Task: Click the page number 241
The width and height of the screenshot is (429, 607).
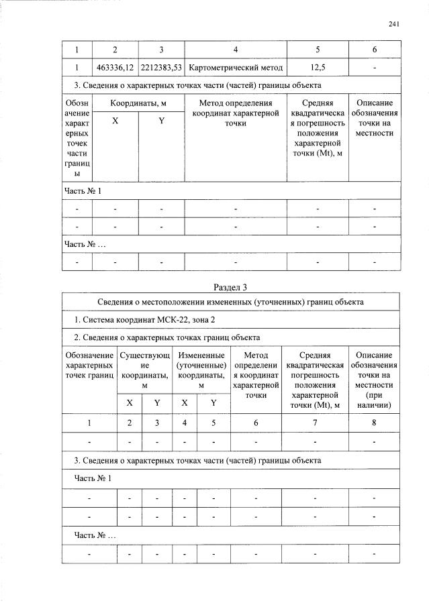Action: coord(394,25)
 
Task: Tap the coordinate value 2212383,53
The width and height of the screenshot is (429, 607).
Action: coord(161,68)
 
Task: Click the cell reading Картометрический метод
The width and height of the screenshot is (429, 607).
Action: coord(235,68)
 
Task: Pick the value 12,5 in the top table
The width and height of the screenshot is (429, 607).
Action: coord(318,68)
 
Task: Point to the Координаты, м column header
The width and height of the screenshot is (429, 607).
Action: coord(138,103)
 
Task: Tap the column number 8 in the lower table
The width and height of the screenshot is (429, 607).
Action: coord(374,423)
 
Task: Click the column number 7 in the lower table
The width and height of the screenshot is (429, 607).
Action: coord(313,423)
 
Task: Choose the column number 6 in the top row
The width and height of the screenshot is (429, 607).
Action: coord(374,50)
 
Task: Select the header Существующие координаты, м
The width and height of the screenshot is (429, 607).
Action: coord(144,371)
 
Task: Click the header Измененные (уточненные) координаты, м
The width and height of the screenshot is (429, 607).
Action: coord(200,371)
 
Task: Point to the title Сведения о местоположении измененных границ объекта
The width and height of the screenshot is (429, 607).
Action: coord(230,302)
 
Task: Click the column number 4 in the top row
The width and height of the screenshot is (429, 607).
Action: coord(235,50)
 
